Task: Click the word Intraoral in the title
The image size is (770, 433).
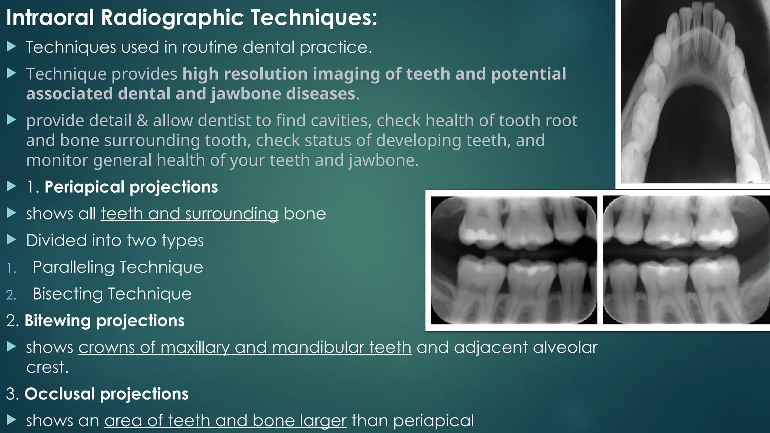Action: coord(50,18)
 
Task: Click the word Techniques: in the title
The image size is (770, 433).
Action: coord(314,18)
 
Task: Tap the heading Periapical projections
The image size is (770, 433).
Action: coord(131,187)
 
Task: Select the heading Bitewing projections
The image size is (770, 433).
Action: coord(104,321)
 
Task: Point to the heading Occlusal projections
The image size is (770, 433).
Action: coord(106,394)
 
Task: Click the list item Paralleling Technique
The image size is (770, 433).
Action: coord(118,267)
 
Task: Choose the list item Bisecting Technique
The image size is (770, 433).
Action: coord(112,294)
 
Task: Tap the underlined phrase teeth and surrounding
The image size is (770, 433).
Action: coord(189,214)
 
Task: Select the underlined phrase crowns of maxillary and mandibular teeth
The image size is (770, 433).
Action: coord(245,347)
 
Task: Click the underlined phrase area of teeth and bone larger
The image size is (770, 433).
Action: coord(225,421)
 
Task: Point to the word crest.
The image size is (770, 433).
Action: coord(47,367)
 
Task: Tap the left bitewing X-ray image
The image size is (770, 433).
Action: coord(514,260)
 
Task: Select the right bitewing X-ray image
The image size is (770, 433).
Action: coord(686,260)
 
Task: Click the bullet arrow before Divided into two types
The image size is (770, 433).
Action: coord(12,240)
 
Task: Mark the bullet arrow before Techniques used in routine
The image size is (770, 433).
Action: coord(12,47)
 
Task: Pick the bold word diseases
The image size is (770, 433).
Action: coord(320,94)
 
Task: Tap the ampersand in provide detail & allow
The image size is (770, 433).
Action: coord(142,121)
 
